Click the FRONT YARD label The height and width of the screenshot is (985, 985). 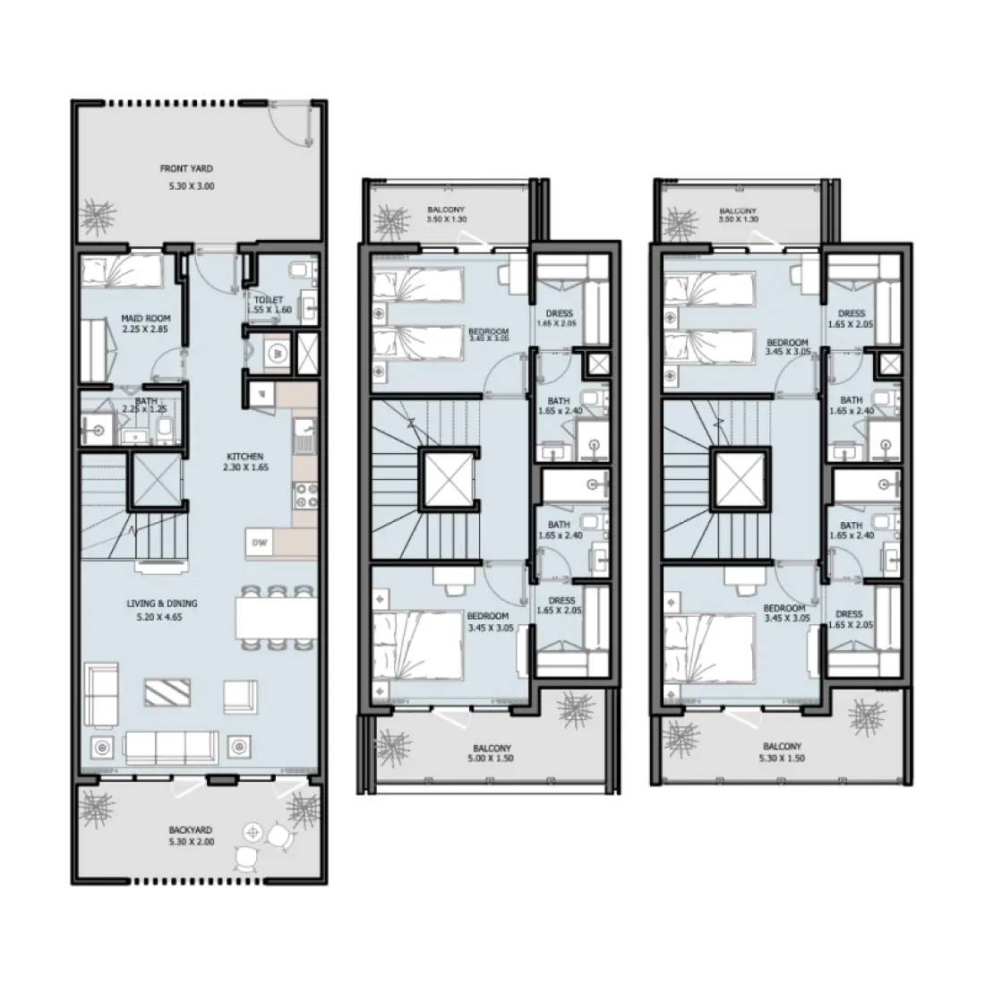point(186,168)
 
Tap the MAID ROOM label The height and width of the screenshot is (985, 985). point(145,318)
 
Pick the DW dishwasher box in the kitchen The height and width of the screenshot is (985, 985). point(260,542)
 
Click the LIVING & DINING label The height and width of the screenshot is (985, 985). point(161,604)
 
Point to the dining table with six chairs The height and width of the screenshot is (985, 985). point(276,617)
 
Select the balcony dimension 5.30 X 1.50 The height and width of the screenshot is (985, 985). point(782,758)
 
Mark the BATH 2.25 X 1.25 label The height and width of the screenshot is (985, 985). point(145,406)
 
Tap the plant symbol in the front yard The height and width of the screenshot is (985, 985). point(99,216)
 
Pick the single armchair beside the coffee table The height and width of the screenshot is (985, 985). point(239,695)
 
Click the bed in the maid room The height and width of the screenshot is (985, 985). point(122,270)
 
